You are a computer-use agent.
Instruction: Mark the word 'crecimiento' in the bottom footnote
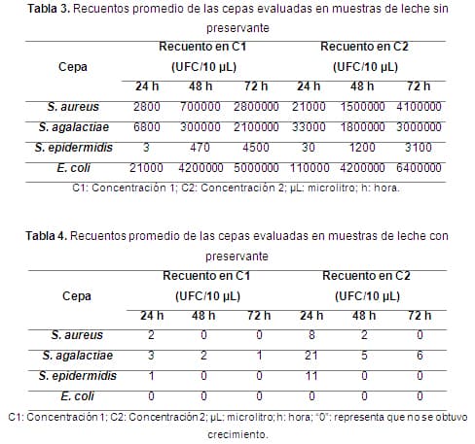click(237, 434)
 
